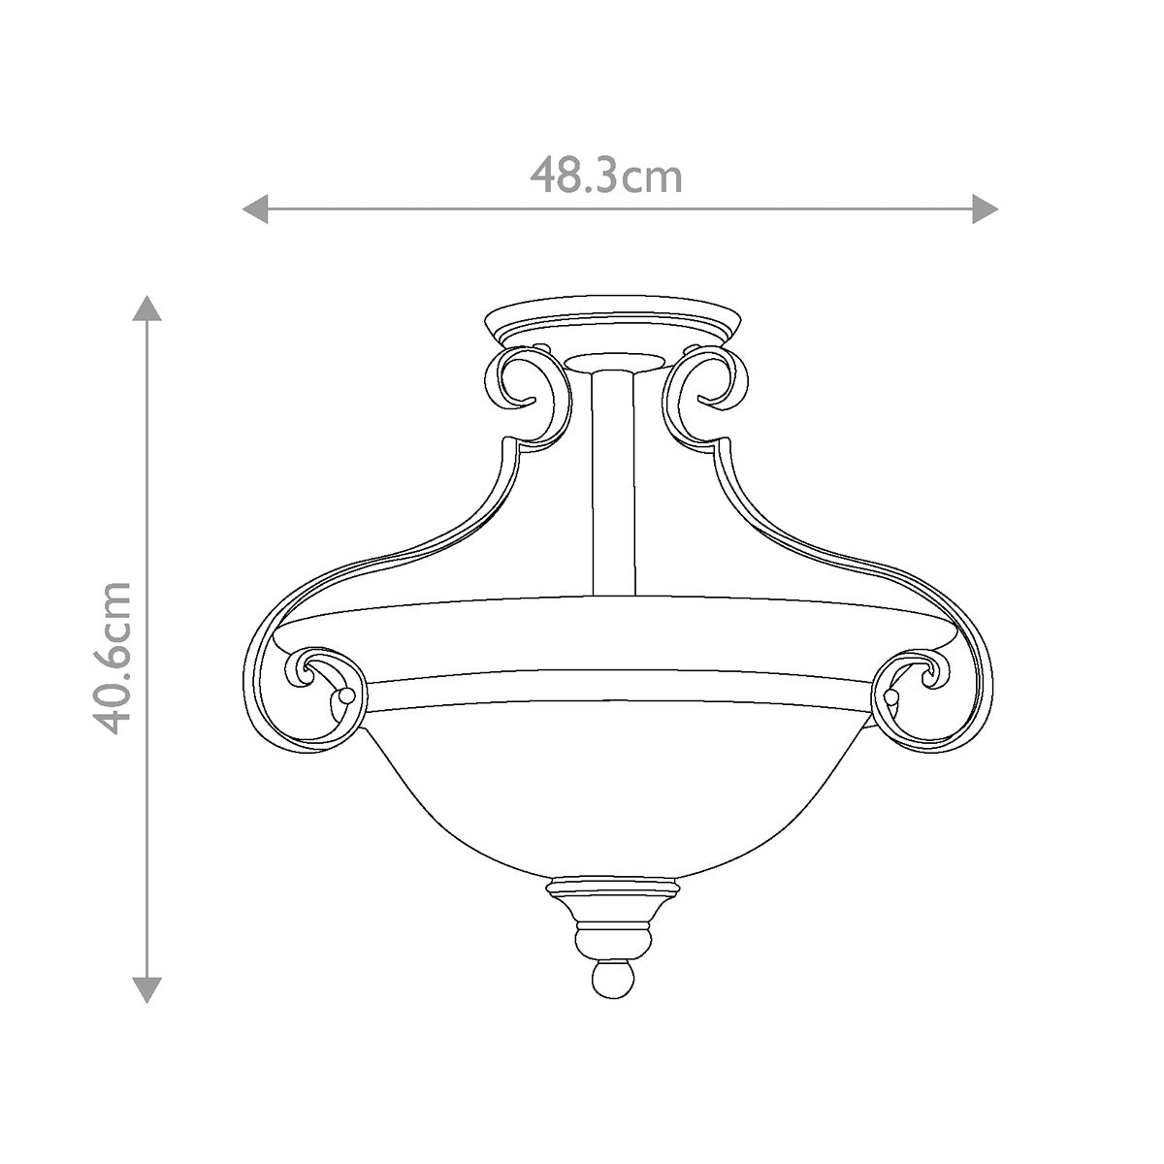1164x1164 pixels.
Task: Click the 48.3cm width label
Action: click(606, 178)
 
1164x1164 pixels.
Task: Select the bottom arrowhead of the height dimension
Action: click(146, 989)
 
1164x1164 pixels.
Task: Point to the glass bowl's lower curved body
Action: click(610, 795)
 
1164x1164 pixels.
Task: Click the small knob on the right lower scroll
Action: click(891, 697)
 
